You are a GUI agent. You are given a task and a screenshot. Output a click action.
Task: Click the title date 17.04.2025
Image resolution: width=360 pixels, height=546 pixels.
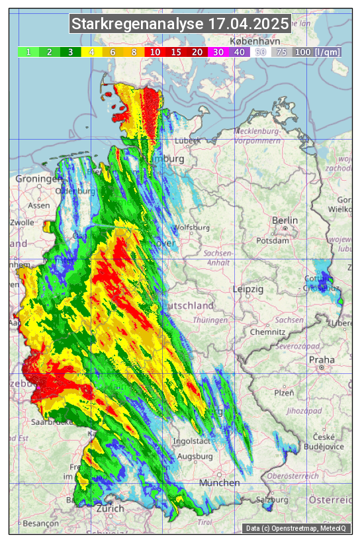coord(248,24)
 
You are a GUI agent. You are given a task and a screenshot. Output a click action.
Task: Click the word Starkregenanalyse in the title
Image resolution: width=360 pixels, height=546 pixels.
coord(138,24)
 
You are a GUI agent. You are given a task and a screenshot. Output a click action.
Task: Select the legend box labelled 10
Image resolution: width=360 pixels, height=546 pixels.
coord(155,52)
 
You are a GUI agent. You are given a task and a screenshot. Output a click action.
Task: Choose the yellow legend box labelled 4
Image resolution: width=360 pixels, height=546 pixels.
coord(91,52)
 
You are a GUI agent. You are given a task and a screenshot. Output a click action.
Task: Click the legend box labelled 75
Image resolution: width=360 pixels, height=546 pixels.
coord(281,52)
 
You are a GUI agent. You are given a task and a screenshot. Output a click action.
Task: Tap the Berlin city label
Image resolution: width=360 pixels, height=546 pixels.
coord(285,220)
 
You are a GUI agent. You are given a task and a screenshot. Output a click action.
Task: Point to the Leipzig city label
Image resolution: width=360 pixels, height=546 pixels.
coord(248,289)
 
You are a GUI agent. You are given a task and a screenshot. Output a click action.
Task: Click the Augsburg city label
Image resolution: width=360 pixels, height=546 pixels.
coord(195,457)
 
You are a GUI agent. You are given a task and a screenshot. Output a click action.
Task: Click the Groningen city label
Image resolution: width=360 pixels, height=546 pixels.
coord(38,179)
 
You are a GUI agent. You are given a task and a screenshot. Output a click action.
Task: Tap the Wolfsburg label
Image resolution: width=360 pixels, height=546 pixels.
coord(191,228)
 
